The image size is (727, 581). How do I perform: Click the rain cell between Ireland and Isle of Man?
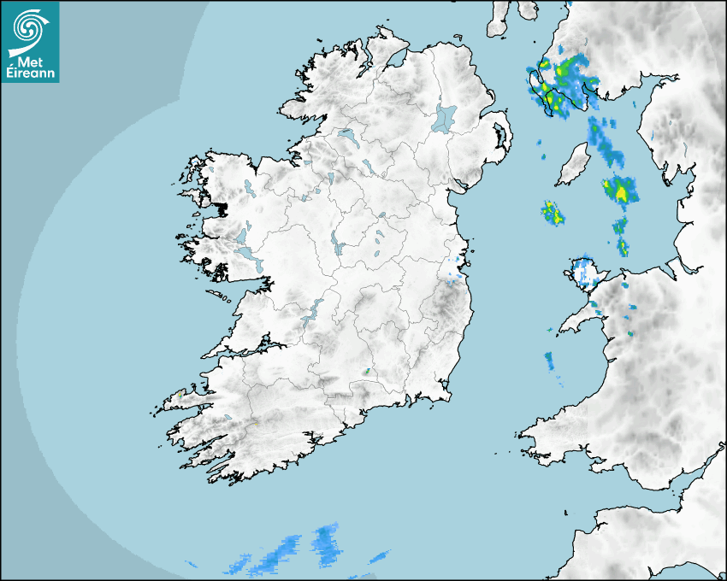tap(553, 212)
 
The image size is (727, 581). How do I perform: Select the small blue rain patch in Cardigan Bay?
tap(549, 360)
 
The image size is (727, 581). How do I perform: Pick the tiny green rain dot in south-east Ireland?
tap(367, 372)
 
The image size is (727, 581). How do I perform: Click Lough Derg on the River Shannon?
tap(312, 311)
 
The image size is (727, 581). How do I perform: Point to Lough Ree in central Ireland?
tap(338, 247)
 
